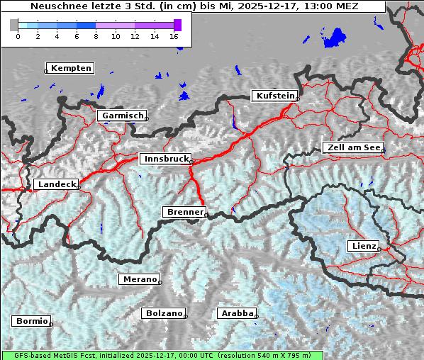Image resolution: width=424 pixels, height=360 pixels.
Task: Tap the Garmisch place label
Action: (x=123, y=116)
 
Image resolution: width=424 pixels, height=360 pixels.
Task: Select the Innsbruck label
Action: (x=166, y=159)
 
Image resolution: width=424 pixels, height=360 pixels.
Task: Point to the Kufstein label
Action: (x=274, y=96)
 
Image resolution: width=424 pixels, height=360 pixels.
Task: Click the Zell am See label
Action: (x=353, y=147)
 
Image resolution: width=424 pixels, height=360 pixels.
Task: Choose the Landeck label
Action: (x=55, y=184)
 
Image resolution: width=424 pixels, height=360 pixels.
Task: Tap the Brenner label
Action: (x=184, y=212)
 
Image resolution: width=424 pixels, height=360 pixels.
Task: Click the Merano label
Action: (x=139, y=279)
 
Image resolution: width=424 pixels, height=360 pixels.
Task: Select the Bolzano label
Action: (x=164, y=313)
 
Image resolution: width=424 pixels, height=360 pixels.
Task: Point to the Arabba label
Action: (x=236, y=313)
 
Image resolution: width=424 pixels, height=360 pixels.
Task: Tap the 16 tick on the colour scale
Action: (x=174, y=36)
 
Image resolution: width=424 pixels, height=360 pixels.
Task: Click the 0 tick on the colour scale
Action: (x=18, y=36)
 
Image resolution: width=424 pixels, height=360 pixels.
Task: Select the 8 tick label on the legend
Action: (x=96, y=36)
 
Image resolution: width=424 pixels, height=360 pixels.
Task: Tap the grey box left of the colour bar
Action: (x=13, y=25)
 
